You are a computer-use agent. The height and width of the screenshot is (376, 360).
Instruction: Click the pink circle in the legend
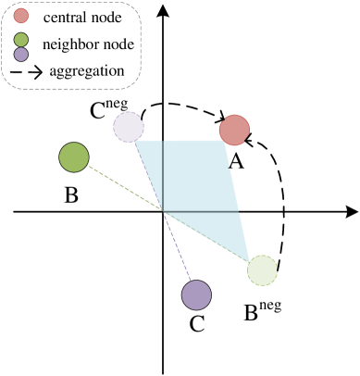coord(21,17)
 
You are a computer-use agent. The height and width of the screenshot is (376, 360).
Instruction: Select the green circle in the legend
coord(21,41)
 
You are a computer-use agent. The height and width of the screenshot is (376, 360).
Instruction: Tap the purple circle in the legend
coord(21,55)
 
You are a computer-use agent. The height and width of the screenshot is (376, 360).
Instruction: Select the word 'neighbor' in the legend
coord(69,44)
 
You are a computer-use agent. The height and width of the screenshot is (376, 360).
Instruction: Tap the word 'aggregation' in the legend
coord(87,70)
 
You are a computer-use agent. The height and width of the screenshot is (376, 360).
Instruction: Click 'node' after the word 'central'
coord(106,18)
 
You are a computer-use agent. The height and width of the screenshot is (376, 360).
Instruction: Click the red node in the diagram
coord(234,131)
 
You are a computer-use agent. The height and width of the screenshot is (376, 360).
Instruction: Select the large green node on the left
coord(74,157)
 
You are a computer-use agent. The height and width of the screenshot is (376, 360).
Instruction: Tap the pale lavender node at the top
coord(128,127)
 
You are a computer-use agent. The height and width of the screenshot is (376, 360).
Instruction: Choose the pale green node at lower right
coord(263,270)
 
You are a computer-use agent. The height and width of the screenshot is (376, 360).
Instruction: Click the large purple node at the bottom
coord(196,295)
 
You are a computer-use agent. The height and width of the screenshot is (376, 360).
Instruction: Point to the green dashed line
coord(120,185)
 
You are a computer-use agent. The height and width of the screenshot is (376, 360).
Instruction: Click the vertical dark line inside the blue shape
coord(164,176)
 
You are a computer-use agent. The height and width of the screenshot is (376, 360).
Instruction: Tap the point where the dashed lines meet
coord(164,212)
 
